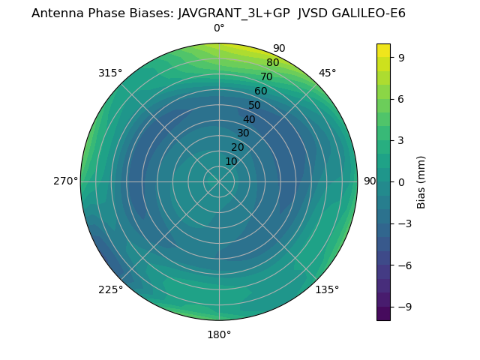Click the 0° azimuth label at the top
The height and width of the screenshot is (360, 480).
click(219, 28)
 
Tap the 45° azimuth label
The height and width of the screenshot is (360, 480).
click(327, 73)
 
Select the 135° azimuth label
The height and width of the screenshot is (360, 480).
click(327, 289)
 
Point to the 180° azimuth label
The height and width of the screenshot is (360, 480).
click(219, 334)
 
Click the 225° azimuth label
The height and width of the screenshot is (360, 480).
click(110, 289)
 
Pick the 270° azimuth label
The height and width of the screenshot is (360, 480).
click(65, 181)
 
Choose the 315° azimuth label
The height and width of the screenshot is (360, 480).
click(110, 73)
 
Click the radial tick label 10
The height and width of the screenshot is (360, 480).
click(231, 161)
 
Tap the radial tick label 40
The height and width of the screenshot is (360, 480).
click(249, 119)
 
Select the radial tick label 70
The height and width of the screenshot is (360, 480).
click(266, 76)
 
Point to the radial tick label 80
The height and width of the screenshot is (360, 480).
click(272, 62)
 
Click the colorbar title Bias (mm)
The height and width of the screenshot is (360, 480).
click(421, 181)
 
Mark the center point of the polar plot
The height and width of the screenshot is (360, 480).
click(219, 181)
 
